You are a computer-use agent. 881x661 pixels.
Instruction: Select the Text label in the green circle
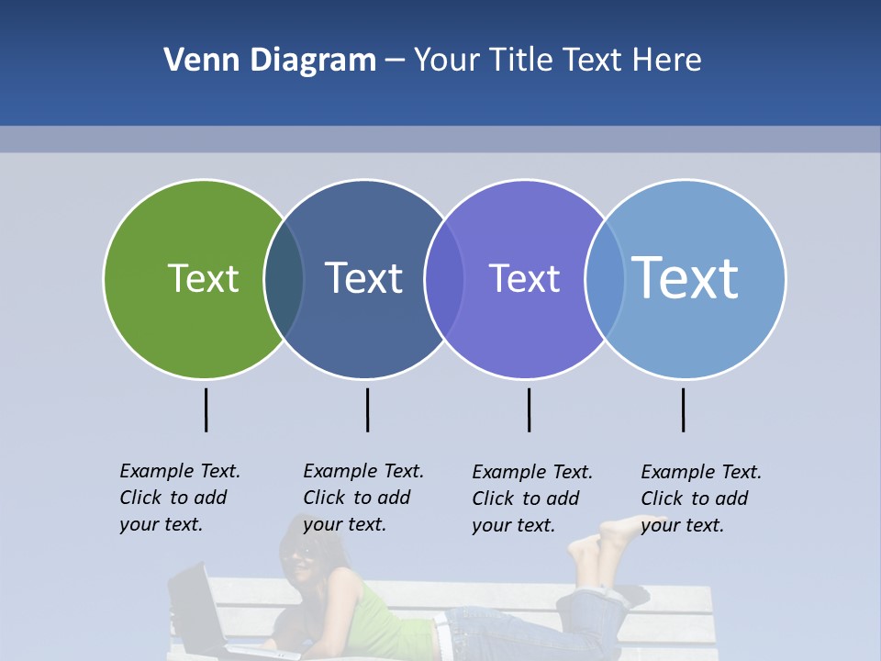click(x=203, y=278)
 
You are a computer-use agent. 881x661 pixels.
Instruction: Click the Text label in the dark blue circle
click(x=364, y=278)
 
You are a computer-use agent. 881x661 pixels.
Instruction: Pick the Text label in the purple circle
click(x=524, y=278)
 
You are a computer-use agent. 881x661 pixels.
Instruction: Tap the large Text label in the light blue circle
click(x=686, y=277)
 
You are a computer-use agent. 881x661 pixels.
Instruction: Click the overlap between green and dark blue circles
click(x=284, y=279)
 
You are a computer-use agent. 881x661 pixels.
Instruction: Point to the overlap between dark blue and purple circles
click(x=444, y=279)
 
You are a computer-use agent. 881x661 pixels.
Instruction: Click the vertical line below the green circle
click(x=206, y=409)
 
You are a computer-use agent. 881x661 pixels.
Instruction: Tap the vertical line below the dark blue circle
click(x=367, y=409)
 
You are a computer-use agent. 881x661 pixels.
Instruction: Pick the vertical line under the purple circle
click(x=530, y=409)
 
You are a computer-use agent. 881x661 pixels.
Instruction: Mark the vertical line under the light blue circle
click(x=684, y=409)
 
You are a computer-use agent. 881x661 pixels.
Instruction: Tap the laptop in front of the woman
click(x=197, y=611)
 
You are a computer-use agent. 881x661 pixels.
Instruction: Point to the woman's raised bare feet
click(x=601, y=542)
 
